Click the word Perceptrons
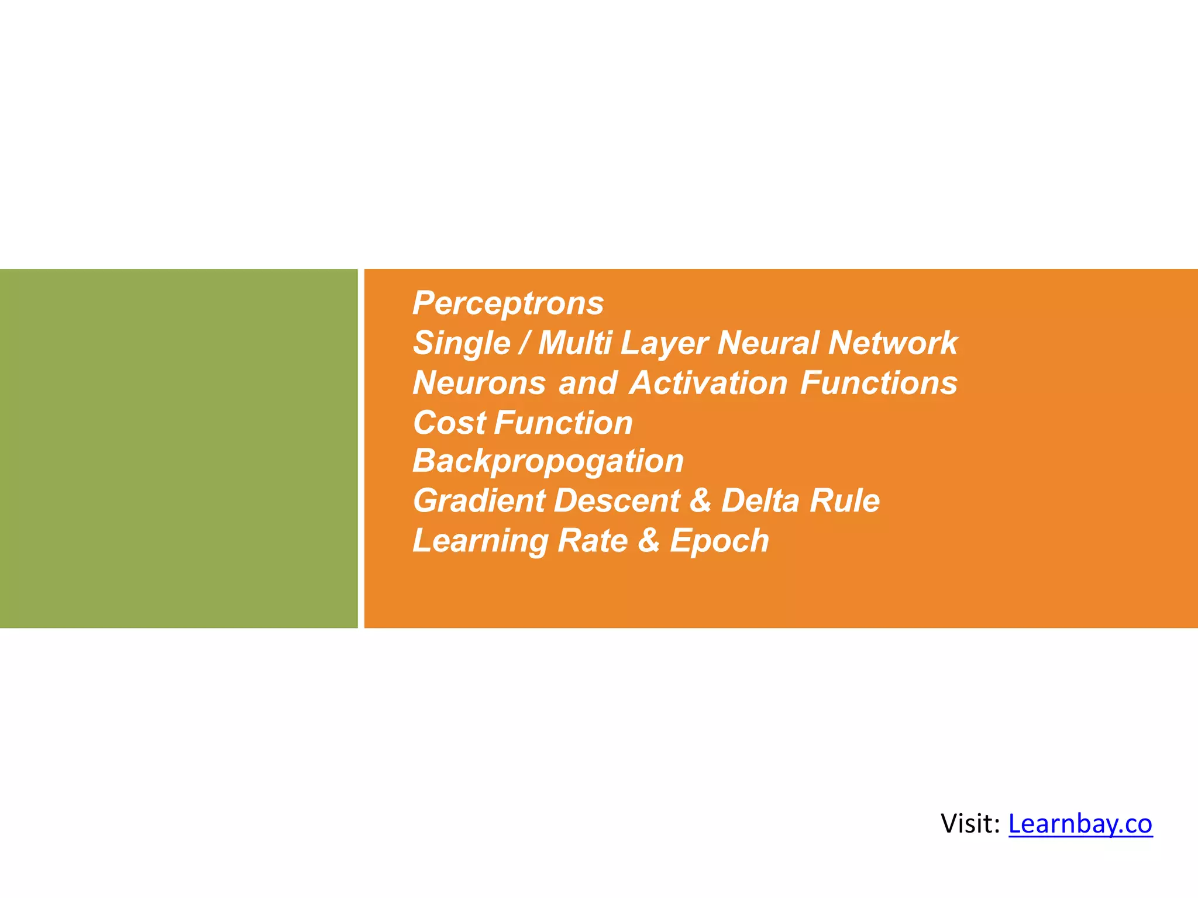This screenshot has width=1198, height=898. point(508,303)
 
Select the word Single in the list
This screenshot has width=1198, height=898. point(462,343)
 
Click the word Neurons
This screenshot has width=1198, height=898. point(479,383)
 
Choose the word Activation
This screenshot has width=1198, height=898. point(708,383)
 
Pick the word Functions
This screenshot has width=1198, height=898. point(879,383)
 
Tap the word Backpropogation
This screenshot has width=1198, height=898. point(548,461)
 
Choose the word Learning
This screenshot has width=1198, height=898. point(480,541)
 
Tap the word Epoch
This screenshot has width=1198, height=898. point(719,541)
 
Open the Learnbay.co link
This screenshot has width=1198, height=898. point(1080,824)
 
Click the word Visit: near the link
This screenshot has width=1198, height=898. point(970,824)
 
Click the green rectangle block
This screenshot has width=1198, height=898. point(178,448)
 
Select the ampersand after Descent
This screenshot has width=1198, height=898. point(700,501)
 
